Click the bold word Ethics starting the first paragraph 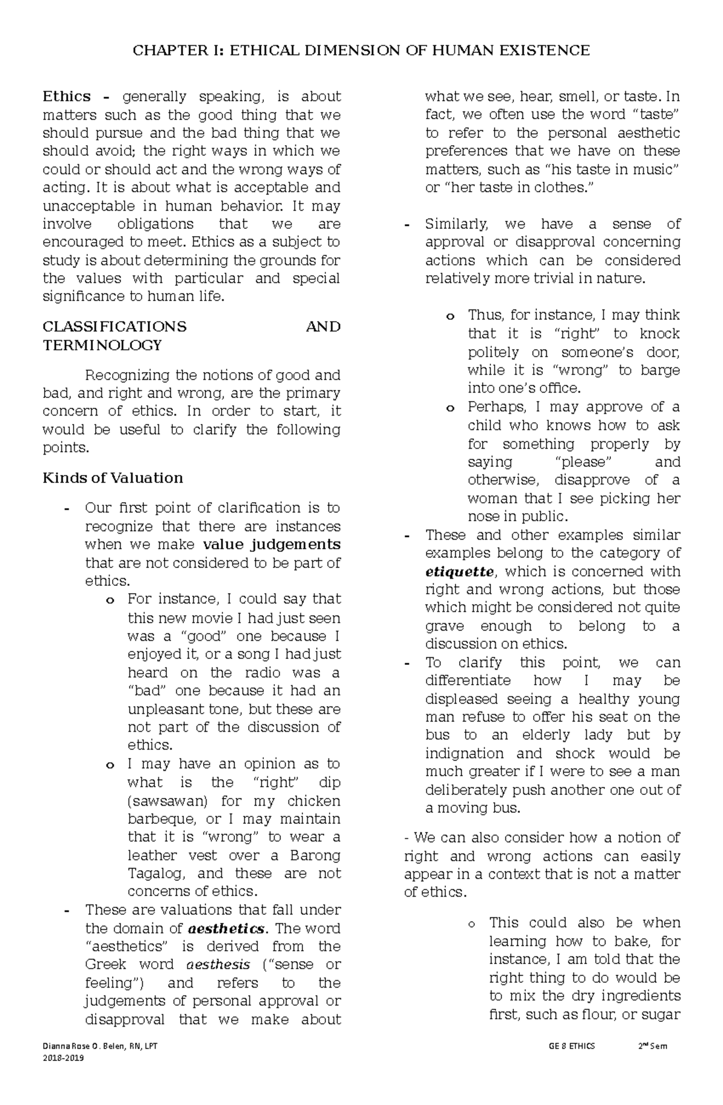tap(66, 96)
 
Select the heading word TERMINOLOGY tap(102, 345)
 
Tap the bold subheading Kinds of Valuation tap(113, 478)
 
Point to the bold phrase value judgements tap(272, 544)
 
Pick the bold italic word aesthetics tap(226, 928)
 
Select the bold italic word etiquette tap(459, 571)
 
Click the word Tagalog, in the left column tap(157, 873)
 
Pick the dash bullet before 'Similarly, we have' tap(407, 225)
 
